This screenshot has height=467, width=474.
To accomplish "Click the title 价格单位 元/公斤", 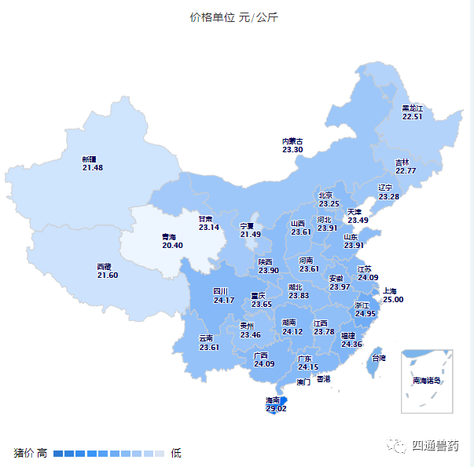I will click(233, 17).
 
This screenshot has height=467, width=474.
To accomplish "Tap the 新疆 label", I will click(89, 159).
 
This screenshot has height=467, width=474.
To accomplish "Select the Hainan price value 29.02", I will click(276, 409).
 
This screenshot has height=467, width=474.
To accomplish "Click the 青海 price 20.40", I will click(172, 246).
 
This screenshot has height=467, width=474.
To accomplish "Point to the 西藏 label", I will click(105, 267).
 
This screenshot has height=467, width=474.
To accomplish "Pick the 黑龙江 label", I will click(413, 108).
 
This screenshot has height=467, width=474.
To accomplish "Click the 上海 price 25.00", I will click(393, 299).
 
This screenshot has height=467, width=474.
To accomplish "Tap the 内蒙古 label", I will click(292, 141).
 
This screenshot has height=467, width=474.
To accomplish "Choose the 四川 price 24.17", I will click(224, 300).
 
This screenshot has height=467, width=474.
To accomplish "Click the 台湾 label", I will click(379, 358).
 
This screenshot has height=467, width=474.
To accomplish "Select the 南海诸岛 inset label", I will click(427, 381).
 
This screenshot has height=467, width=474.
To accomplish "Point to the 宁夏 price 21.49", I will click(251, 235).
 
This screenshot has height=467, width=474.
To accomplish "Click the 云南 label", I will click(206, 338).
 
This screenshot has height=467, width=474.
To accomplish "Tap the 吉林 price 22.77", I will click(406, 170).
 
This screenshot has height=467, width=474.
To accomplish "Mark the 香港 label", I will click(324, 379).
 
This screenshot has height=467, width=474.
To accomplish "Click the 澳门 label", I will click(303, 383).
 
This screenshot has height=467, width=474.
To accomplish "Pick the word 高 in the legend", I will click(42, 453).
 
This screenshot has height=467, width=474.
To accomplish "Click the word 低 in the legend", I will click(176, 453).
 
